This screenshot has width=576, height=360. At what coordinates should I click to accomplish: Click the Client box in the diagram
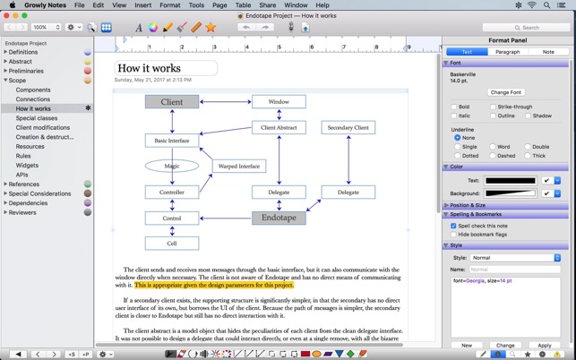[x=172, y=102]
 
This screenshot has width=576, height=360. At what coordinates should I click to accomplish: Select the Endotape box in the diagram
[x=279, y=218]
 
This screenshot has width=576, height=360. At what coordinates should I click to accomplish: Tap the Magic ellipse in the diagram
[x=172, y=166]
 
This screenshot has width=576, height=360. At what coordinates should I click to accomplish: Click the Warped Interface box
[x=238, y=166]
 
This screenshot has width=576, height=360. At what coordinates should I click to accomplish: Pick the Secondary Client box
[x=348, y=128]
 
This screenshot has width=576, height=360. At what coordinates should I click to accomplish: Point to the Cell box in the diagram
[x=172, y=244]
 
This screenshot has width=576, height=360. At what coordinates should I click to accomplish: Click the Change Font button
[x=505, y=92]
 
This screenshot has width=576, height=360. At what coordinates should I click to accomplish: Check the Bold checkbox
[x=454, y=107]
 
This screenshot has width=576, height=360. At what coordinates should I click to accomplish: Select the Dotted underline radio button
[x=458, y=156]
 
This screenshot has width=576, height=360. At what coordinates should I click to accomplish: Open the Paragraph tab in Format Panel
[x=507, y=52]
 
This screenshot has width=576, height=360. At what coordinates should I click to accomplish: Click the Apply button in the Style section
[x=544, y=345]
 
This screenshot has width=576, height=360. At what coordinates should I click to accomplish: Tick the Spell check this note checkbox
[x=454, y=226]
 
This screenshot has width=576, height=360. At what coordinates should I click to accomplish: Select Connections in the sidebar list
[x=33, y=99]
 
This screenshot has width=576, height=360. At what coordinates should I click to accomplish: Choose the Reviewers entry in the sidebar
[x=23, y=212]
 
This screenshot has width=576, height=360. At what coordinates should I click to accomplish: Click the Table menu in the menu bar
[x=243, y=5]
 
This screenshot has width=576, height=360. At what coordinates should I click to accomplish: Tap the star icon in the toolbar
[x=211, y=28]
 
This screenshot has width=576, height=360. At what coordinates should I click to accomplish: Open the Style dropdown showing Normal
[x=515, y=258]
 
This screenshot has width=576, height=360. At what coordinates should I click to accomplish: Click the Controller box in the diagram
[x=172, y=192]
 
